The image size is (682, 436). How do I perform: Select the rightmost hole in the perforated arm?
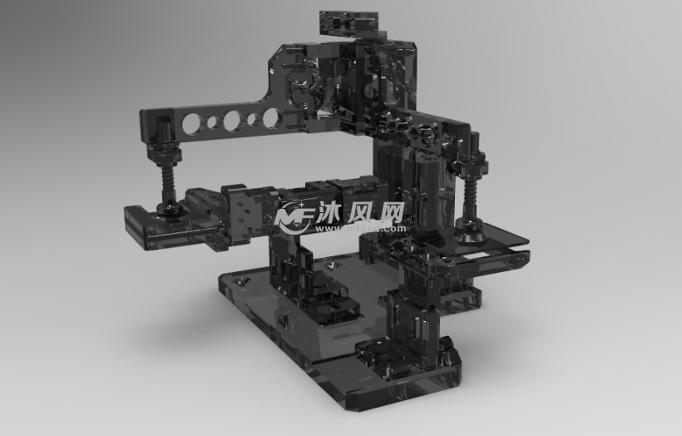click(x=271, y=118)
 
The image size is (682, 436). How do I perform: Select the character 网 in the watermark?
click(x=390, y=214)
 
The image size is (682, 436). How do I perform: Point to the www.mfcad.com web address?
click(x=359, y=228)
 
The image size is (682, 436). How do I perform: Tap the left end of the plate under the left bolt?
click(x=131, y=218)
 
